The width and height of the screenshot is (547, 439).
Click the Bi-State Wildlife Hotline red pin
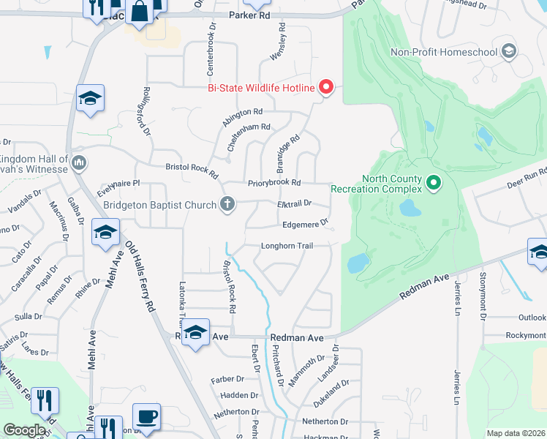coord(326,89)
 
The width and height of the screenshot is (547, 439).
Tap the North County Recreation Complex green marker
coord(433,181)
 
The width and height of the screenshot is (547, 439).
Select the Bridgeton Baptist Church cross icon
coord(227,204)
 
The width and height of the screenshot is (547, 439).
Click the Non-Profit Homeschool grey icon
coord(509,51)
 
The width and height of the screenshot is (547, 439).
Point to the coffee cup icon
coord(147,418)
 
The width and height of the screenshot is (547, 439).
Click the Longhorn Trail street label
coord(287,246)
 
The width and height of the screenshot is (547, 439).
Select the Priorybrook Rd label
coord(274,182)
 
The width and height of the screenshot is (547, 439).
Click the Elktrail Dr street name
coord(295,203)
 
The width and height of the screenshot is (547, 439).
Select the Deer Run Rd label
coord(527,179)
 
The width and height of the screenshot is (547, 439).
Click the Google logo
coord(25,430)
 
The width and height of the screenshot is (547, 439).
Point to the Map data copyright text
coord(515,433)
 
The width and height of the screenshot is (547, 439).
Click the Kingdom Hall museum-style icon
coord(80,162)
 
